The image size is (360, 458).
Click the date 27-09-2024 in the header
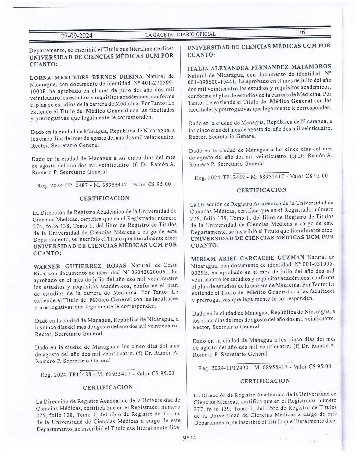(77, 36)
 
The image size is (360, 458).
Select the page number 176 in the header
(300, 32)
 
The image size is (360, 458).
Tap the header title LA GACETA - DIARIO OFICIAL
(180, 34)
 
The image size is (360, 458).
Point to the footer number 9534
(189, 438)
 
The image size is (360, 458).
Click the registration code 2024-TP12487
(69, 185)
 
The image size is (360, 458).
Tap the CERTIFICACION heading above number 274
(104, 198)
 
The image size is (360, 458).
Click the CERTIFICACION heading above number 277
(265, 381)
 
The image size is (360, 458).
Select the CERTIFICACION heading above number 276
(261, 190)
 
